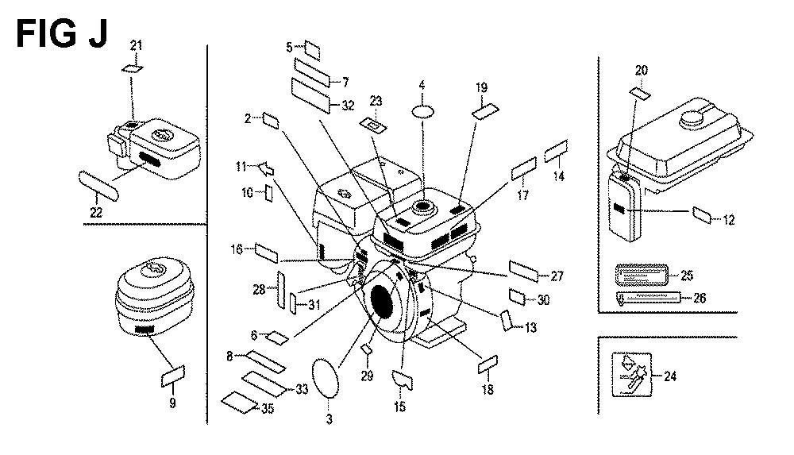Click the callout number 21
click(137, 45)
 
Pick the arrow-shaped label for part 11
click(266, 168)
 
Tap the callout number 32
click(347, 106)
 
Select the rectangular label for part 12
click(703, 214)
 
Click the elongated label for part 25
click(641, 276)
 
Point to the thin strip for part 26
click(646, 298)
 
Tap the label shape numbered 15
click(404, 379)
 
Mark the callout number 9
click(172, 403)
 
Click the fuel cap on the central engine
click(422, 206)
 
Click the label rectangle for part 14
click(556, 151)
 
